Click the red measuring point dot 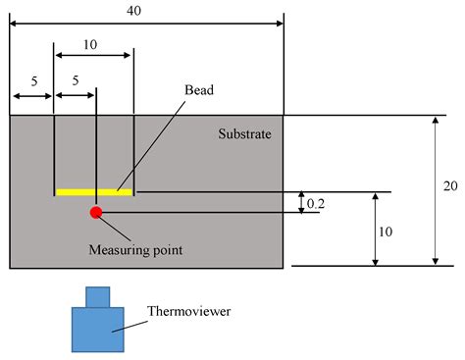tap(96, 212)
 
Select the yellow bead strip tap(94, 191)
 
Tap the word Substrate tap(244, 130)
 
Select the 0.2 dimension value tap(316, 203)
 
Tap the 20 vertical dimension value tap(446, 183)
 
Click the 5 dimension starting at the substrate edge tap(32, 81)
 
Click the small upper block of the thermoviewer tap(98, 296)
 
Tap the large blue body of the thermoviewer tap(97, 329)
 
